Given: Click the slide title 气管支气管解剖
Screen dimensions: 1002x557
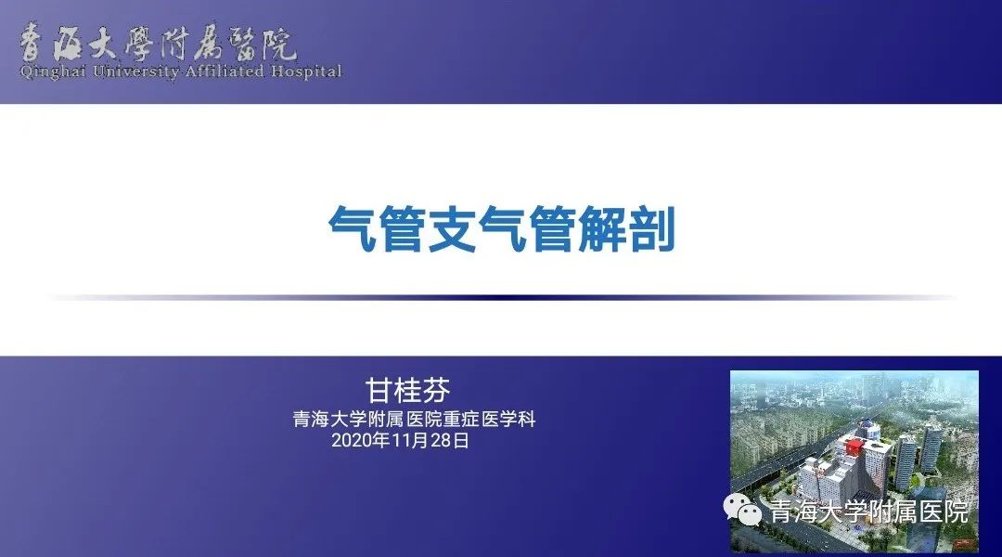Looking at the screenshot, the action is [x=502, y=229].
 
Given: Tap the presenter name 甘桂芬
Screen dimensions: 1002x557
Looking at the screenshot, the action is [x=407, y=390].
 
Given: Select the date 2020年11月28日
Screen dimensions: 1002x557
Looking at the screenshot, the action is [x=401, y=441].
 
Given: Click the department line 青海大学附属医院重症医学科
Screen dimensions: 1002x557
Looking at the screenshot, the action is [x=414, y=420].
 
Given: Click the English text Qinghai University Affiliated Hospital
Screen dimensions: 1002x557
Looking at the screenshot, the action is [x=182, y=71].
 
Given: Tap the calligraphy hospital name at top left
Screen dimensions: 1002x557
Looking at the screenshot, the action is [x=158, y=43].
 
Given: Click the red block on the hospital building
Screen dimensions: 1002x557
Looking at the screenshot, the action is [x=854, y=446].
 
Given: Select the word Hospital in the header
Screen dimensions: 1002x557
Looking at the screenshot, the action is [x=306, y=71].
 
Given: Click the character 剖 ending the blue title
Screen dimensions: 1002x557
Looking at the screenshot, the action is [x=652, y=229].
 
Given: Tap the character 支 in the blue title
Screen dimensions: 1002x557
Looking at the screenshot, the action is [x=453, y=229].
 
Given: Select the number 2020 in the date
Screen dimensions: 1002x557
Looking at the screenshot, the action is [x=351, y=441].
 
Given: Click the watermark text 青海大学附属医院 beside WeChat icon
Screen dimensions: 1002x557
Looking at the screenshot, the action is [x=869, y=512].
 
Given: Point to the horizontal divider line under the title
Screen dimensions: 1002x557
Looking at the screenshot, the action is [x=502, y=297].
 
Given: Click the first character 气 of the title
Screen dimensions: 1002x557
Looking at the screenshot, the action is [x=353, y=229].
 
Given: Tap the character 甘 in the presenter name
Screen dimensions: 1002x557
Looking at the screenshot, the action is [x=379, y=390].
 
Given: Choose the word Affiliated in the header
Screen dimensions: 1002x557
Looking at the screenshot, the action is [x=225, y=71].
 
